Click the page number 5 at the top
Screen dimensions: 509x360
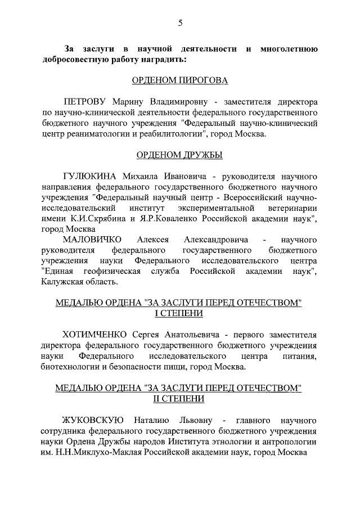[x=180, y=23]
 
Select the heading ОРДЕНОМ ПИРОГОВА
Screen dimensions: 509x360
[x=179, y=80]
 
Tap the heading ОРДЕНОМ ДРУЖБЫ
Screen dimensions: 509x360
[x=179, y=155]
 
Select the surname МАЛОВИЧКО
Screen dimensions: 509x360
[x=92, y=240]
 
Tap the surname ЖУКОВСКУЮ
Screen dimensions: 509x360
[x=92, y=420]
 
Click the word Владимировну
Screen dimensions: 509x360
[x=178, y=103]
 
